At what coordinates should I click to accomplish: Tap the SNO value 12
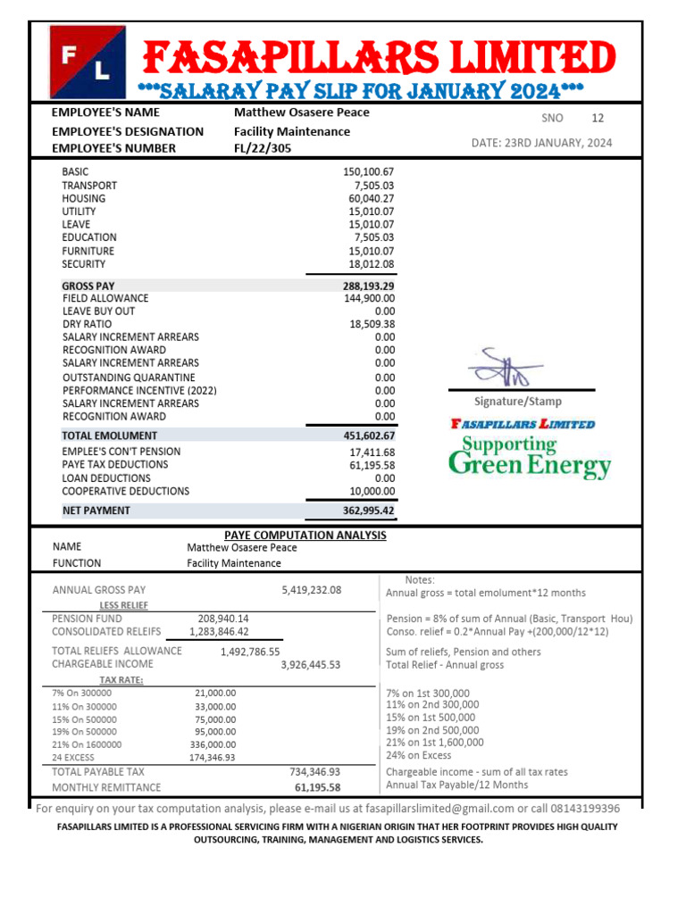pos(598,118)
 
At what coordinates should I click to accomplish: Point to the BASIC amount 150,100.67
pos(368,171)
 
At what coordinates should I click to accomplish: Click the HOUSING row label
pos(83,198)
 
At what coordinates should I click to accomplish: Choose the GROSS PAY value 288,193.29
pos(368,286)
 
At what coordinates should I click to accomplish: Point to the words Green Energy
pos(530,465)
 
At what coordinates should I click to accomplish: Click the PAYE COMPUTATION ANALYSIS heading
pos(305,535)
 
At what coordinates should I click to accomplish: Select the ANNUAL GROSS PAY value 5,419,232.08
pos(311,590)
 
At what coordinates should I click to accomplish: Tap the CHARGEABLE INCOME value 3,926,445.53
pos(311,664)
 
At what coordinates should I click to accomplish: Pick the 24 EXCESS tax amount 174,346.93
pos(213,758)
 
